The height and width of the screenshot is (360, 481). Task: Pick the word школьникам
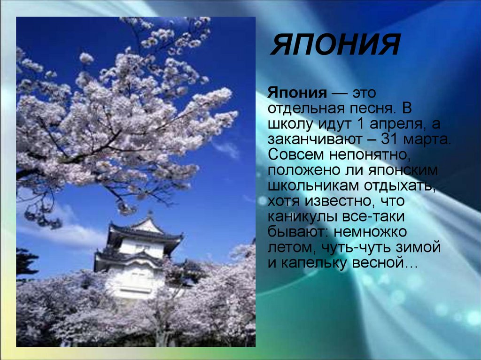point(312,186)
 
